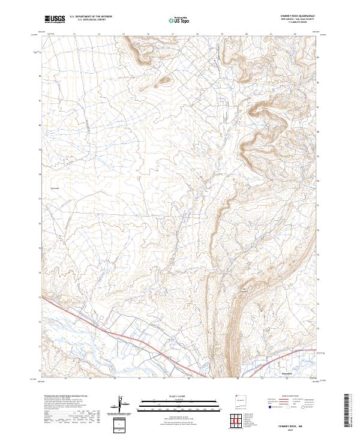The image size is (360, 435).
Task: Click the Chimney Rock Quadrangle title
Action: pos(298,16)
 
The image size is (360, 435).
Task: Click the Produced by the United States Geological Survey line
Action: pos(60,397)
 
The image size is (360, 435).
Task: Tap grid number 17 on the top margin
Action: pos(173,34)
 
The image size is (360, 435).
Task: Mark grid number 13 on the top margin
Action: pos(74,34)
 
